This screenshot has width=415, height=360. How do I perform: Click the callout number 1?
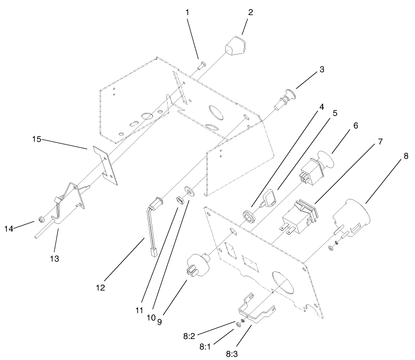[187, 12]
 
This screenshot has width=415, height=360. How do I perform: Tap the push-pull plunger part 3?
[283, 100]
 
